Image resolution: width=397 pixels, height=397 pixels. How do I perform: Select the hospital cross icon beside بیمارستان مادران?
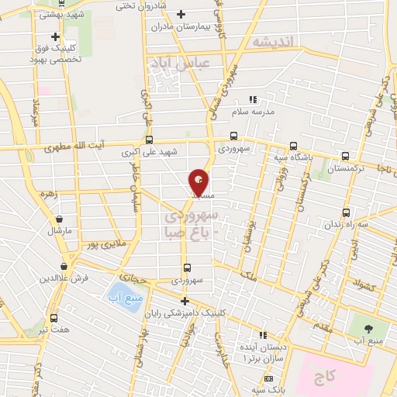181,14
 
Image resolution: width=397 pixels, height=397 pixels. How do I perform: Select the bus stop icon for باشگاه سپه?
293,146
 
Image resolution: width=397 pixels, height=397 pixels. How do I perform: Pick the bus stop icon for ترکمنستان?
345,154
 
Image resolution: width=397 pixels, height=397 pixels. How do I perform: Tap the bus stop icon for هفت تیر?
54,317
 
